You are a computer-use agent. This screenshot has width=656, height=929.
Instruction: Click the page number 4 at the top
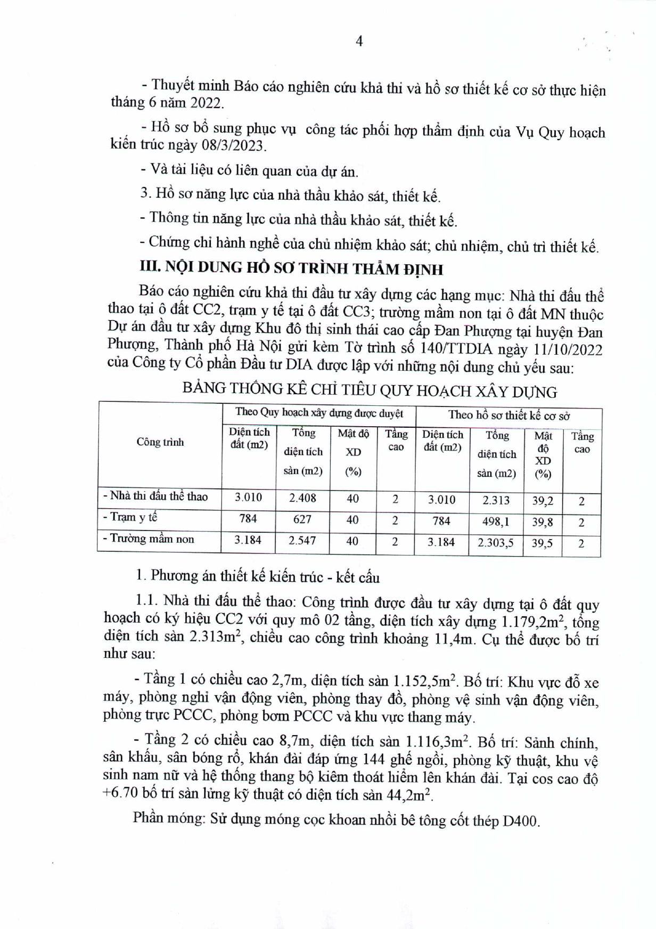coord(359,42)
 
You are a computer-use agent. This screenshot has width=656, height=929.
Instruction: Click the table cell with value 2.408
coord(302,498)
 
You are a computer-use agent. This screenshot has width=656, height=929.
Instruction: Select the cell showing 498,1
coord(496,521)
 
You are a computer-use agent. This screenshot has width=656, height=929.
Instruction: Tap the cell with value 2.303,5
coord(496,543)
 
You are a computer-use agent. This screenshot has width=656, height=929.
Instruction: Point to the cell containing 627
coord(302,519)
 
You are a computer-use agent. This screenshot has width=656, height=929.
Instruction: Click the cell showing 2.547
coord(302,540)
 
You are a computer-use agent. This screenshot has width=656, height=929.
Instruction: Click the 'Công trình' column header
coord(160,442)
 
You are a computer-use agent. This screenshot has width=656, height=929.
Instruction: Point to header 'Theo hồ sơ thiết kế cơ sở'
coord(509,415)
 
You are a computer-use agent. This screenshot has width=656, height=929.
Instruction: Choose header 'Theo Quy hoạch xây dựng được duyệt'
coord(319,412)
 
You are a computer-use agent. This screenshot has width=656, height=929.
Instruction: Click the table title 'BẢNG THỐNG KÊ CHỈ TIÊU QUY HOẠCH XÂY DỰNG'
coord(370,390)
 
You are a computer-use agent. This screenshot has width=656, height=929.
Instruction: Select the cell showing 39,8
coord(543,522)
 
